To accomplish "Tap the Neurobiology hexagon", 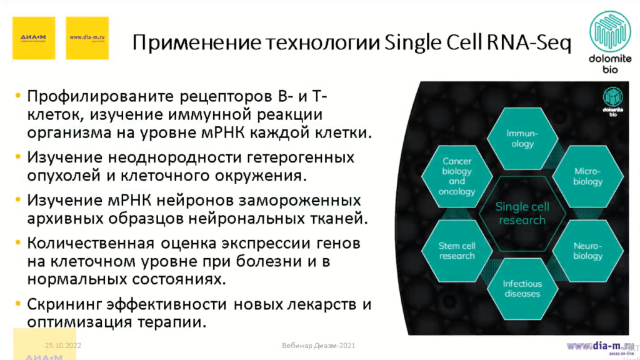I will (x=587, y=251).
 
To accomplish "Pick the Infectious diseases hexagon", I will (x=522, y=288).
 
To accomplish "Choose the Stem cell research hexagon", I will (x=457, y=251).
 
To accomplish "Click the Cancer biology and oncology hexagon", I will (x=457, y=176).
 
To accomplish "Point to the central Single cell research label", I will (x=522, y=213).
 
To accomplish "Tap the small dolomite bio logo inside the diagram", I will (x=612, y=101).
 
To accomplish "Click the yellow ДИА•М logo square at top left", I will (x=34, y=37).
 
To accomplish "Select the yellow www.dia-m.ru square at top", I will (x=87, y=37).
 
